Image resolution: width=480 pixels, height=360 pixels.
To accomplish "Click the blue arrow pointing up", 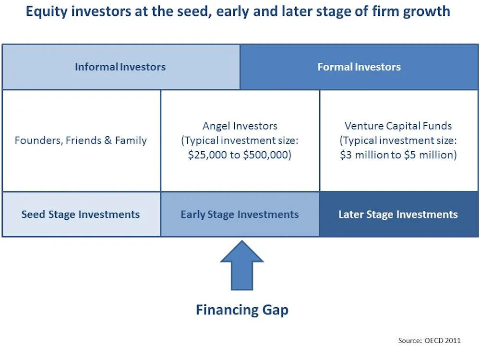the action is click(242, 266).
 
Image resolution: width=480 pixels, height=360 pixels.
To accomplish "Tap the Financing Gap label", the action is click(242, 310).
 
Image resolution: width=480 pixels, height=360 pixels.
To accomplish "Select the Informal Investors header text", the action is click(120, 67).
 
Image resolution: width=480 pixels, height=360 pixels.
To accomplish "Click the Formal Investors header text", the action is click(359, 67).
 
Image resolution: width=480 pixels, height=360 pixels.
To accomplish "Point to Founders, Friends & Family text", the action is click(81, 141).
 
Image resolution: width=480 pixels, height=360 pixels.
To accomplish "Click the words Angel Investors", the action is click(240, 126).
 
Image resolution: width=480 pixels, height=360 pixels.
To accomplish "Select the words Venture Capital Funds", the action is click(398, 126).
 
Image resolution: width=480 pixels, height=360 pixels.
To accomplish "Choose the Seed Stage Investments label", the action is click(81, 214).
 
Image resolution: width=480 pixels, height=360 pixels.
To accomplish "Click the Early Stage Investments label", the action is click(240, 214).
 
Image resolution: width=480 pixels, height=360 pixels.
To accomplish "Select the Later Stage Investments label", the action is click(398, 214).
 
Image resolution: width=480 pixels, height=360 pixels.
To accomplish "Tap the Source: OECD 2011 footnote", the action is click(429, 340).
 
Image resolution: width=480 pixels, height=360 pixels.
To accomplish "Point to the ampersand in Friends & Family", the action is click(108, 140).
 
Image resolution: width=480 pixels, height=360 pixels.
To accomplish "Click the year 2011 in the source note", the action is click(453, 340).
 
